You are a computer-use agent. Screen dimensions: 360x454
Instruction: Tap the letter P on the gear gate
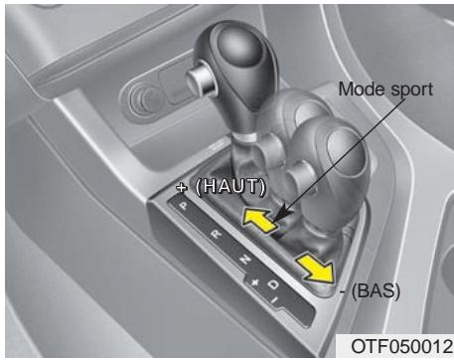click(x=182, y=207)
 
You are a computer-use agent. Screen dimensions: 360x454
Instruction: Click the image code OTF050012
click(x=398, y=345)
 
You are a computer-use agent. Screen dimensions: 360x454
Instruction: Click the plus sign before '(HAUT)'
click(x=181, y=187)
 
